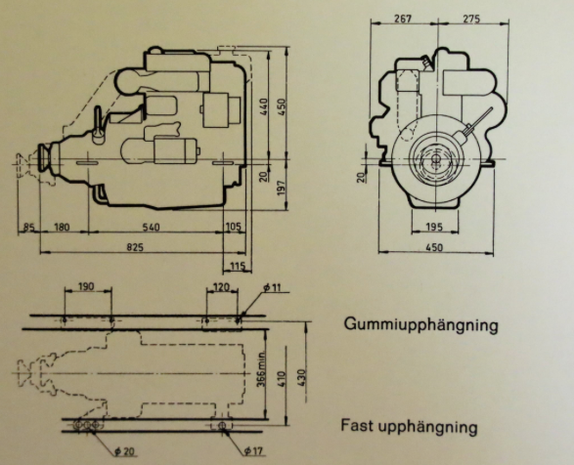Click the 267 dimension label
click(x=403, y=19)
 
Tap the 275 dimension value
click(x=471, y=19)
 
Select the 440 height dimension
click(x=264, y=106)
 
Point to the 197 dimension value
click(x=282, y=188)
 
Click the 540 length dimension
click(x=151, y=228)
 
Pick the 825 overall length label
click(x=135, y=248)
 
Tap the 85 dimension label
click(x=29, y=228)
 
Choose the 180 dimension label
click(x=62, y=228)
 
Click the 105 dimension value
click(x=234, y=227)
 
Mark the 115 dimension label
click(x=238, y=266)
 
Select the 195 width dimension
click(x=434, y=228)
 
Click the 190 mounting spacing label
click(x=86, y=286)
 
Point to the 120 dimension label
click(x=221, y=287)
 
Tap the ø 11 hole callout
click(x=272, y=287)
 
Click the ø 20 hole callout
click(x=124, y=451)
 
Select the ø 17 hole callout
click(x=254, y=450)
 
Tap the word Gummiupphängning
click(x=421, y=325)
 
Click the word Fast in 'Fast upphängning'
click(x=357, y=426)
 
